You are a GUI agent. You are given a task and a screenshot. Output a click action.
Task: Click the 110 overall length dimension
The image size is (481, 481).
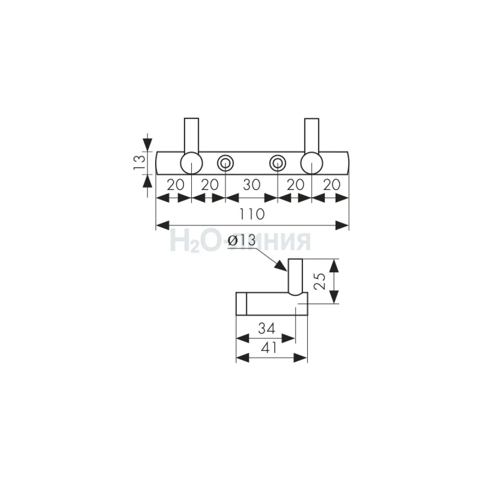252,214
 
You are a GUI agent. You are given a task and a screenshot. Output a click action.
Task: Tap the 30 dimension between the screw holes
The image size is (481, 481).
252,185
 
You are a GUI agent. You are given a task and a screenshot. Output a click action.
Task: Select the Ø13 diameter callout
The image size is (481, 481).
242,240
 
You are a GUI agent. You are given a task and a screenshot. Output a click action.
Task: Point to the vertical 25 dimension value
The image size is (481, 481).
320,281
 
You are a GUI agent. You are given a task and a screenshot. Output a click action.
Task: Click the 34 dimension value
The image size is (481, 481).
267,328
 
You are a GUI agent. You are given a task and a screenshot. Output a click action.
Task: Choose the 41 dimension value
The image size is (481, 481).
269,348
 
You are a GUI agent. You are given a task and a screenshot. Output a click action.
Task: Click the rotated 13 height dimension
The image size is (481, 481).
139,162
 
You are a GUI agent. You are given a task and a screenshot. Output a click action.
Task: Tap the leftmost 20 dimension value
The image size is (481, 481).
176,185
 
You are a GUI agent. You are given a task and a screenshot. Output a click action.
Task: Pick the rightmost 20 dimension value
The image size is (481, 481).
332,185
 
